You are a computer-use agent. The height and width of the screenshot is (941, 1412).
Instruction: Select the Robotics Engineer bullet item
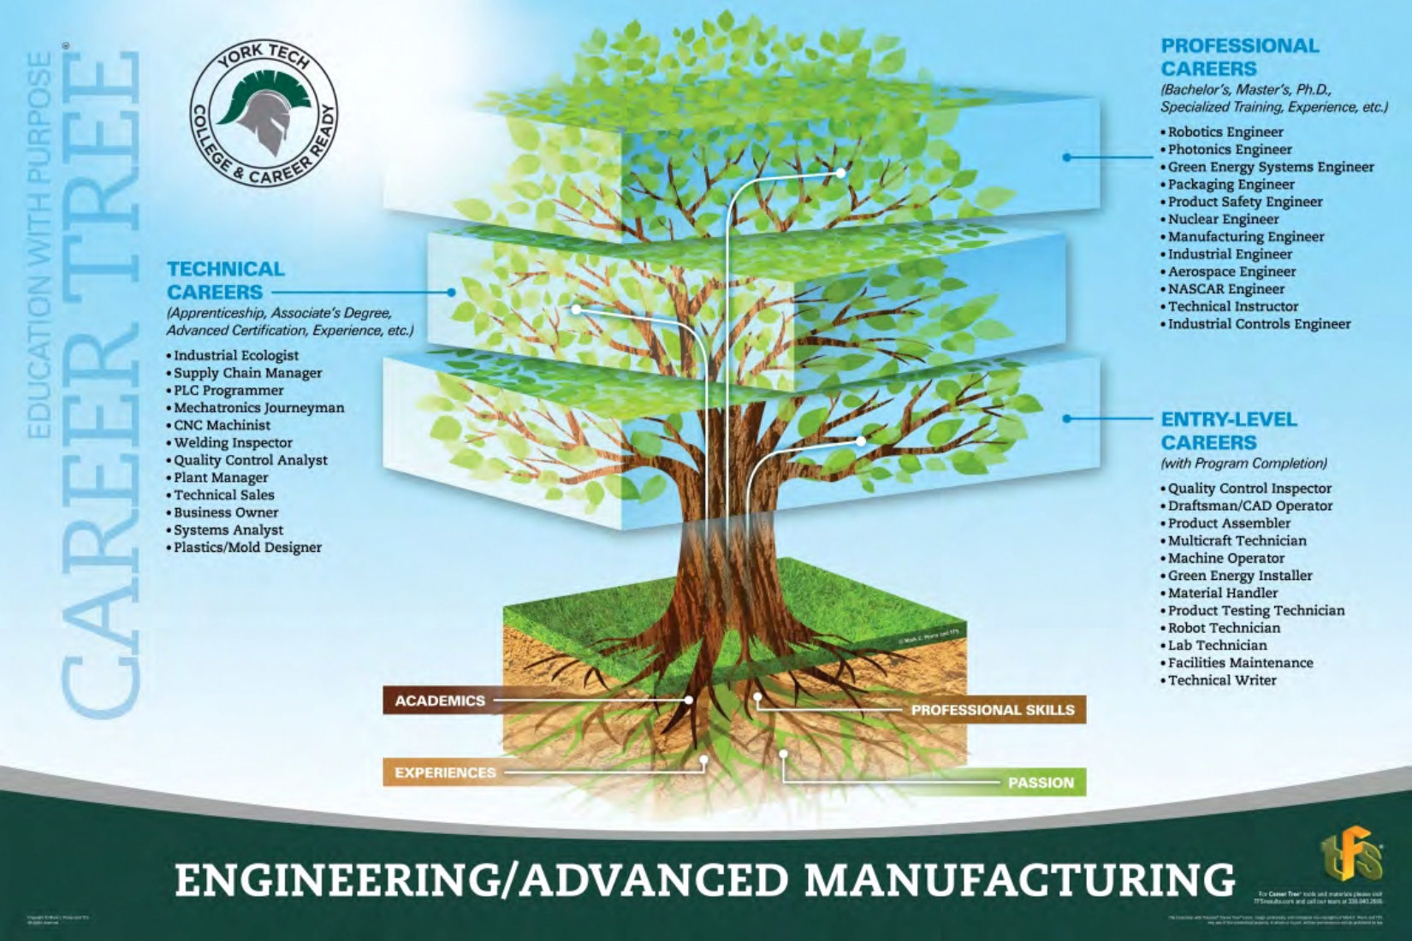1225,132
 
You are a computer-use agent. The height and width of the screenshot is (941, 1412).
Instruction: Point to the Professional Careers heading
1239,56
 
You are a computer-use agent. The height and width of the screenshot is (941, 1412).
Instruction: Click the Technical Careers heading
226,280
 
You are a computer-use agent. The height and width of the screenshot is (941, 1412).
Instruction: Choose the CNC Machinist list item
222,425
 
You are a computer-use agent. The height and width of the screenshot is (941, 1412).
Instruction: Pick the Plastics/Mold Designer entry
247,547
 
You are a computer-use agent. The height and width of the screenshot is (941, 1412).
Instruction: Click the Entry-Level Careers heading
1228,430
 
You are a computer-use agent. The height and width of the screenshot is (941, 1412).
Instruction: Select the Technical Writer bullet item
1221,680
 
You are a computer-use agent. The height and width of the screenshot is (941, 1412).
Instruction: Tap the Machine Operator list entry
1225,558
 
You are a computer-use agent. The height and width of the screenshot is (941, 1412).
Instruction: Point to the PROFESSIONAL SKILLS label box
992,710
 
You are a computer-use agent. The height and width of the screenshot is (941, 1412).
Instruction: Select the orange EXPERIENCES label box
444,772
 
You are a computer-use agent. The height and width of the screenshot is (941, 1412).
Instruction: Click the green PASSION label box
1040,783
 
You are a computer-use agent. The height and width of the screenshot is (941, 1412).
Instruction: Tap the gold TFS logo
1352,855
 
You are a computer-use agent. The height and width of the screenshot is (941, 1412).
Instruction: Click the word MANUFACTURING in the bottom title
1018,881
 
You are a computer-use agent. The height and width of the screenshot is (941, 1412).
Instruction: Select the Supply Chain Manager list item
247,373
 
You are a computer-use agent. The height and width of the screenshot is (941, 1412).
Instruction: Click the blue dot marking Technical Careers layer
451,292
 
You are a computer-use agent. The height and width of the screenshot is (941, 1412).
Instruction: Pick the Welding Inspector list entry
233,443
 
